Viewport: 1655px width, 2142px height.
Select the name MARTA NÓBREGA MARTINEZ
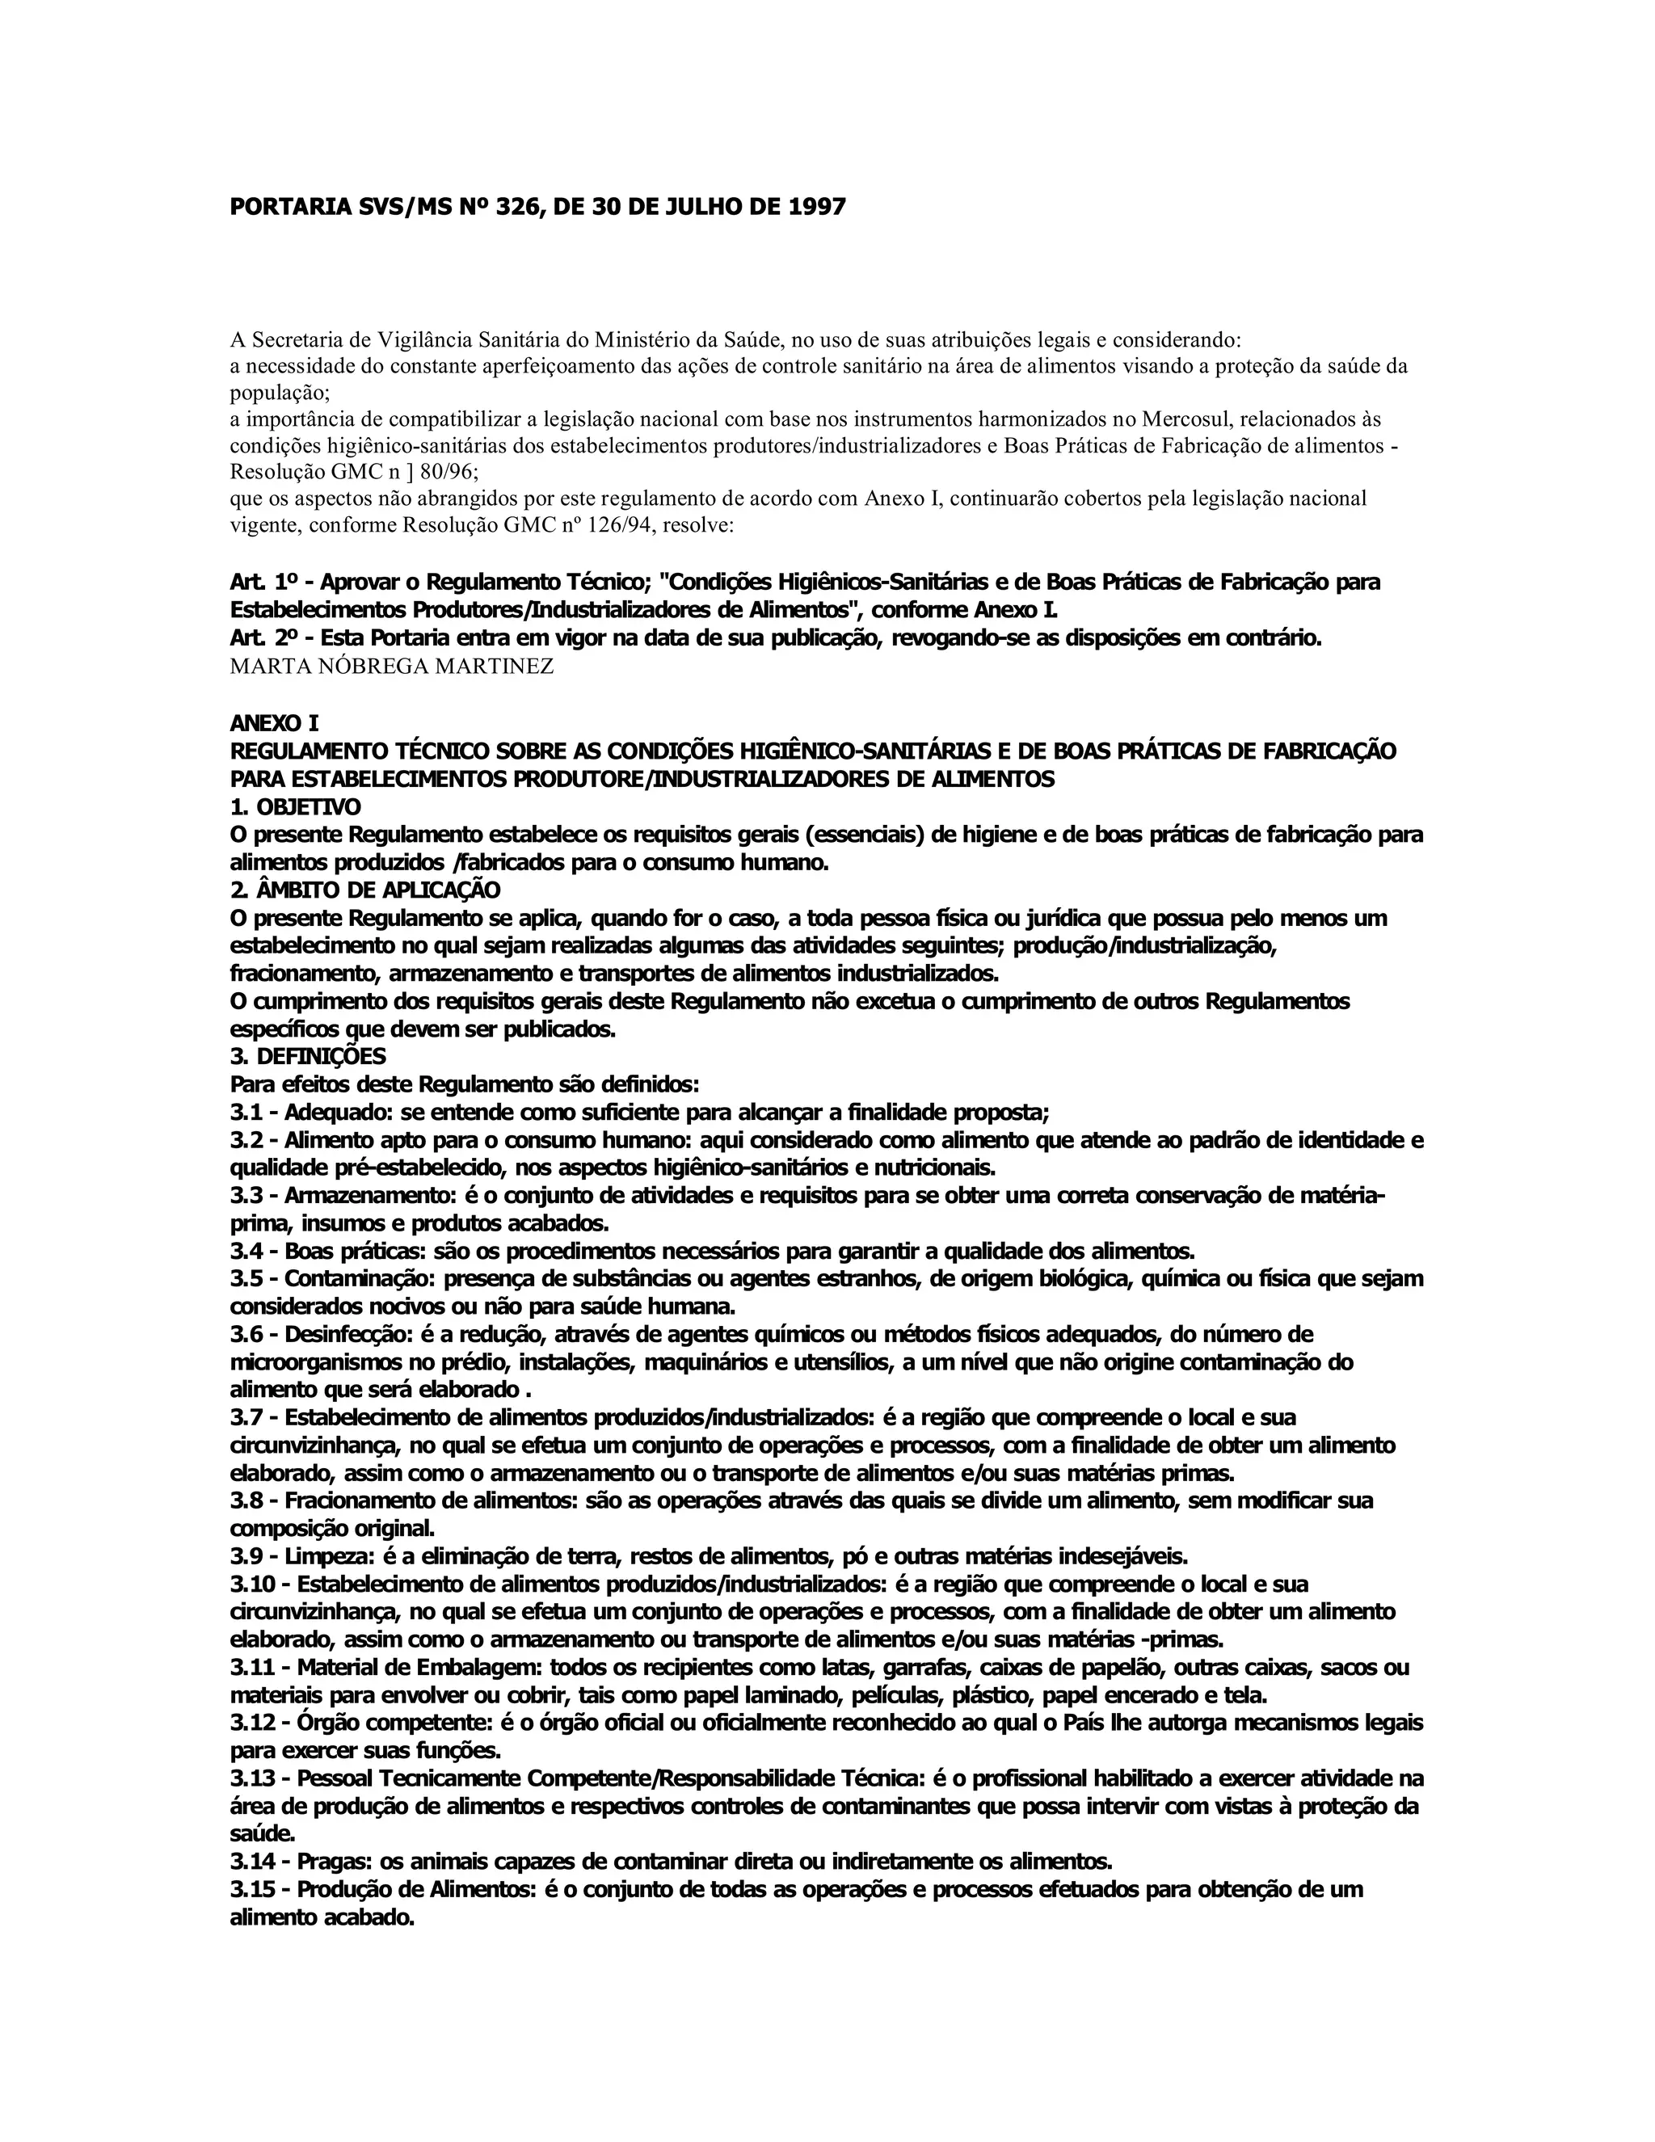tap(391, 667)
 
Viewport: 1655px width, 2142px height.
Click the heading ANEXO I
tap(274, 724)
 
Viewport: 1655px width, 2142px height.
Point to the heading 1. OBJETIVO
tap(295, 807)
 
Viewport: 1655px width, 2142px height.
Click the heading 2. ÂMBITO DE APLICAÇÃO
tap(365, 890)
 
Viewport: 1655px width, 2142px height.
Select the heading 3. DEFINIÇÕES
tap(308, 1056)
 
